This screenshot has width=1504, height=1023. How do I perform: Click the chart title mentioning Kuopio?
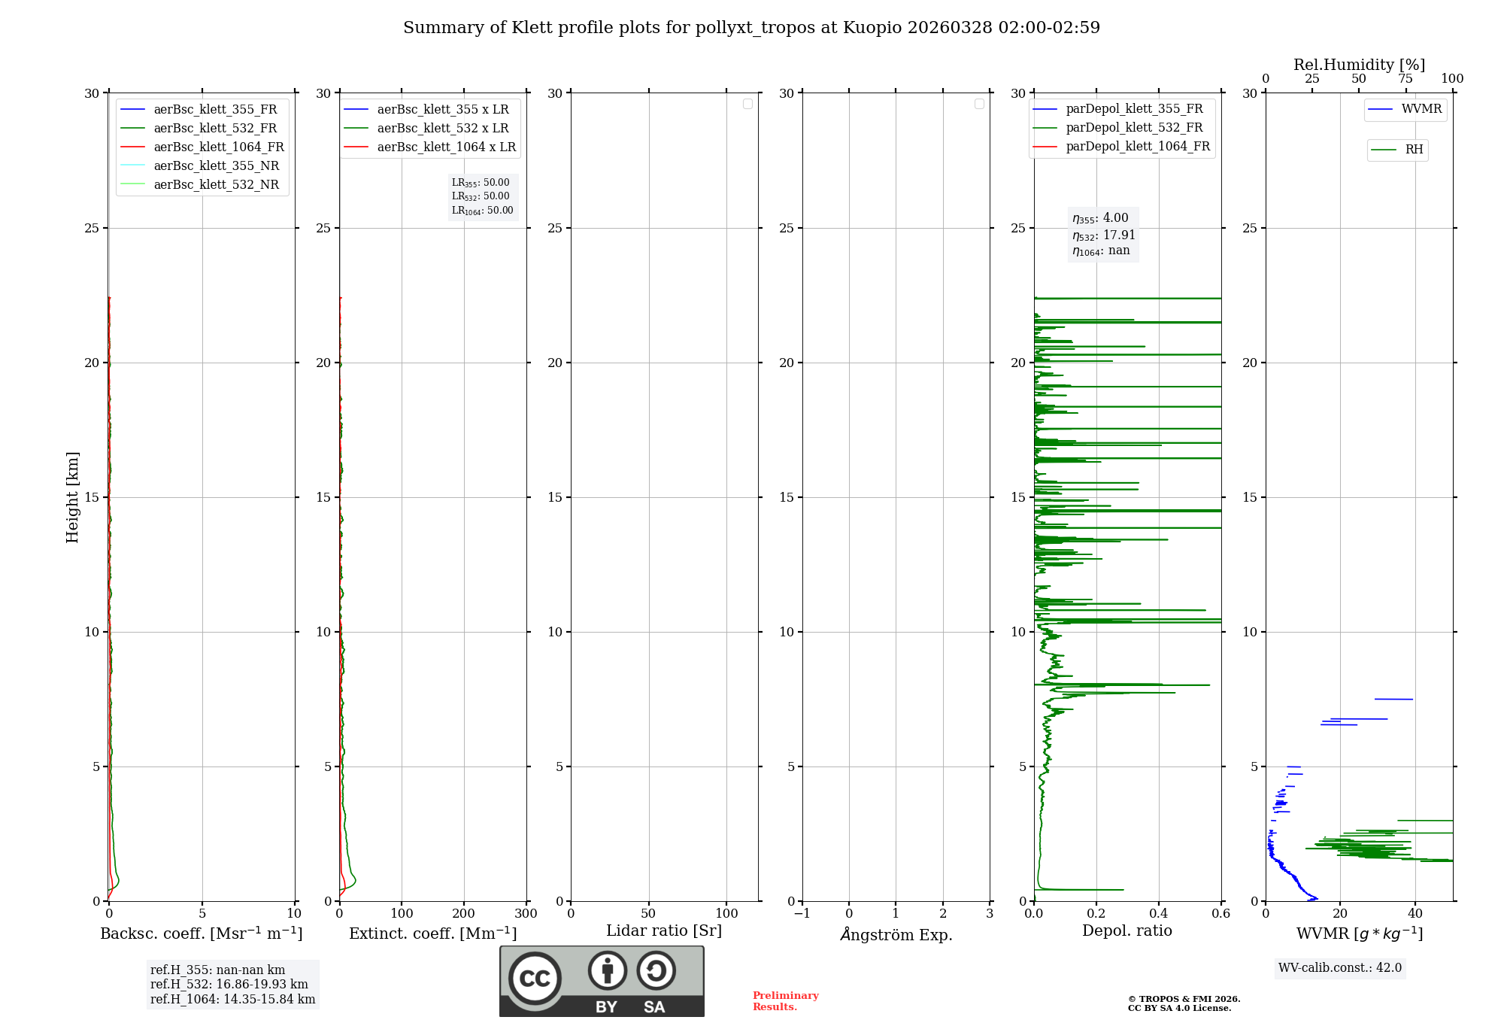click(x=751, y=28)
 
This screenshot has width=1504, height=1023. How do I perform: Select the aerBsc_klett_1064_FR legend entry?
click(x=218, y=147)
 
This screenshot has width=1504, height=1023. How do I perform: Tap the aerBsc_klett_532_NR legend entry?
click(x=216, y=184)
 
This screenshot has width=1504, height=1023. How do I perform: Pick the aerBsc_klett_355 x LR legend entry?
click(x=442, y=109)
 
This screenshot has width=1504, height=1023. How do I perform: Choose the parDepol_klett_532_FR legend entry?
click(x=1133, y=128)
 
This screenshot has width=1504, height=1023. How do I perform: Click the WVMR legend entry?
click(x=1421, y=109)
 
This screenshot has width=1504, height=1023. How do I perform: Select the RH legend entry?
click(x=1413, y=150)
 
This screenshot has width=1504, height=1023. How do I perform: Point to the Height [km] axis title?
click(x=72, y=497)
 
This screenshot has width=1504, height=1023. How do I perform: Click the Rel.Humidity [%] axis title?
click(x=1359, y=65)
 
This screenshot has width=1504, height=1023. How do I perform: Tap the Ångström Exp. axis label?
click(x=896, y=934)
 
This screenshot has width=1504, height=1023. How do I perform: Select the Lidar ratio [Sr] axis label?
click(x=664, y=930)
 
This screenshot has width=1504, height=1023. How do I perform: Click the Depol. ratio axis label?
click(x=1126, y=930)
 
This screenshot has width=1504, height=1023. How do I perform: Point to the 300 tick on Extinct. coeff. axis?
click(x=526, y=914)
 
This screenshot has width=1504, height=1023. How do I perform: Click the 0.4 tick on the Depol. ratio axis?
click(x=1159, y=914)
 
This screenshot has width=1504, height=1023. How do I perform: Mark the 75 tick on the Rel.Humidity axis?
click(x=1405, y=79)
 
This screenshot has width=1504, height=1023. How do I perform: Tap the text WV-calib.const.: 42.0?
click(x=1339, y=968)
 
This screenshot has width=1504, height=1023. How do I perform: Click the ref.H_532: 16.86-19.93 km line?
click(x=229, y=984)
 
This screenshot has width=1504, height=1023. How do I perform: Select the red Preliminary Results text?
click(x=785, y=1001)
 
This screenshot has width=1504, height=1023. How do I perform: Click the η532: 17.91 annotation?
click(x=1103, y=235)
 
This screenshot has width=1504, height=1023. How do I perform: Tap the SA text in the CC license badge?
click(x=654, y=1007)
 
